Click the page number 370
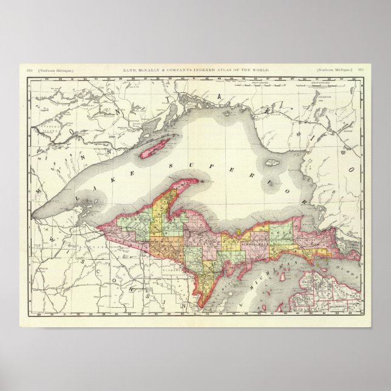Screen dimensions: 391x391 (x=29, y=71)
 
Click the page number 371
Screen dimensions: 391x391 (x=361, y=71)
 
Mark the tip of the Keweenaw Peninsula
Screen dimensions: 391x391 (x=212, y=180)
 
